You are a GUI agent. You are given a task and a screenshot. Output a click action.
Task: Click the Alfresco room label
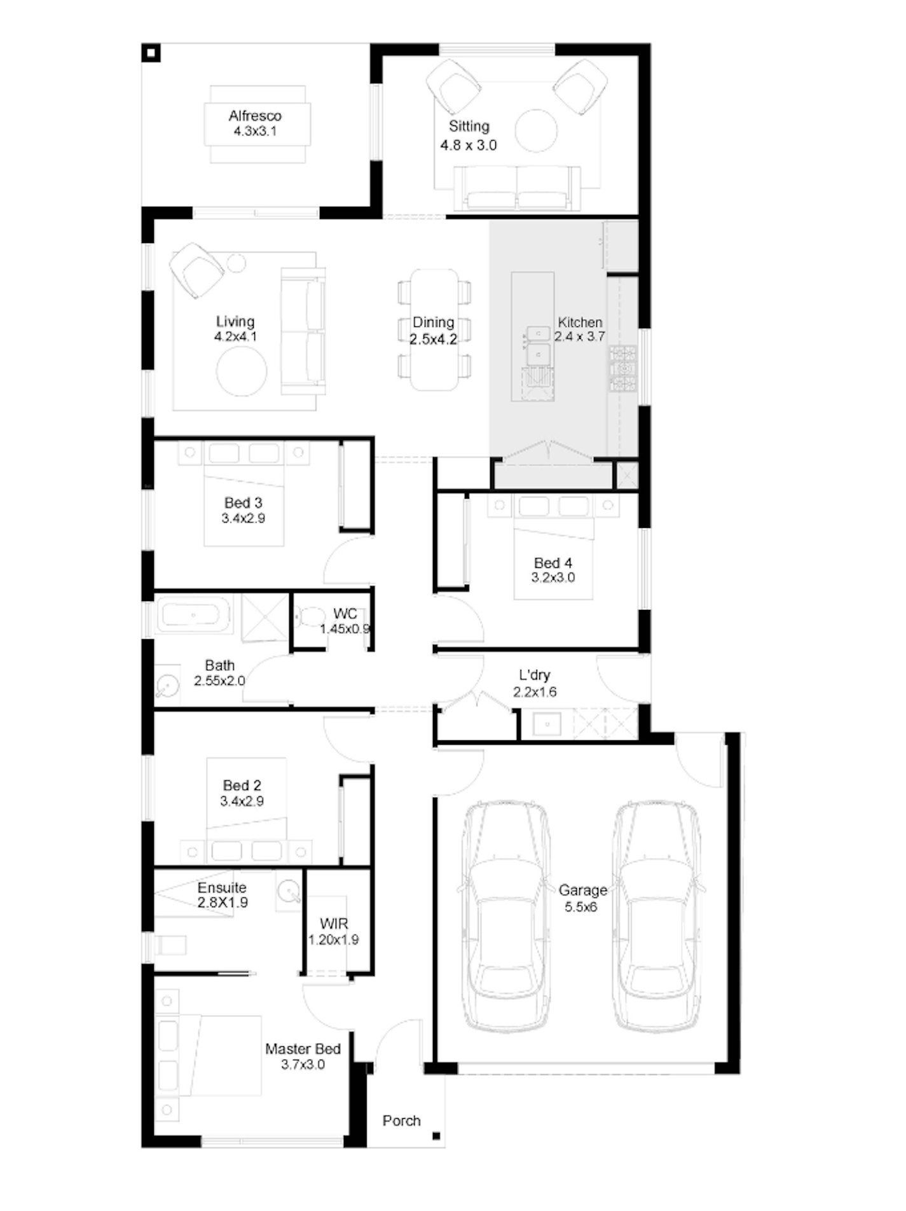[x=255, y=116]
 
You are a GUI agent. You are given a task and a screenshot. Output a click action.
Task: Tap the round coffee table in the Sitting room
[x=536, y=131]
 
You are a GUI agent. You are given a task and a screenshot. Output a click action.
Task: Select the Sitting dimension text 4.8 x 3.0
[x=469, y=145]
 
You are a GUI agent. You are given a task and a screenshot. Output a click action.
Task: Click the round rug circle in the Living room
[x=242, y=371]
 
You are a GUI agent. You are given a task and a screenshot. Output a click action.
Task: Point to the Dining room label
[x=434, y=322]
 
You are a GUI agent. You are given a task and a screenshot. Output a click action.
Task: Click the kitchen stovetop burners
[x=623, y=368]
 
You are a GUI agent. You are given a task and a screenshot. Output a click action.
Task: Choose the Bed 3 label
[x=243, y=503]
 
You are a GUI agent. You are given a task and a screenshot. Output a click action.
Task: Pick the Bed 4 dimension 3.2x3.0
[x=553, y=578]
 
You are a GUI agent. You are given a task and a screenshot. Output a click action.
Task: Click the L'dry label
[x=535, y=675]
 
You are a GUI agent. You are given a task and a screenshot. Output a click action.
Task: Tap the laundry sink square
[x=546, y=724]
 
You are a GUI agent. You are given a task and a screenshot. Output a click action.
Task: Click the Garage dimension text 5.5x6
[x=581, y=907]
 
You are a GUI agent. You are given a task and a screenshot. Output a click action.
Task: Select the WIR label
[x=334, y=924]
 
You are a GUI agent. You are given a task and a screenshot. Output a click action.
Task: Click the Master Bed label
[x=303, y=1049]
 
